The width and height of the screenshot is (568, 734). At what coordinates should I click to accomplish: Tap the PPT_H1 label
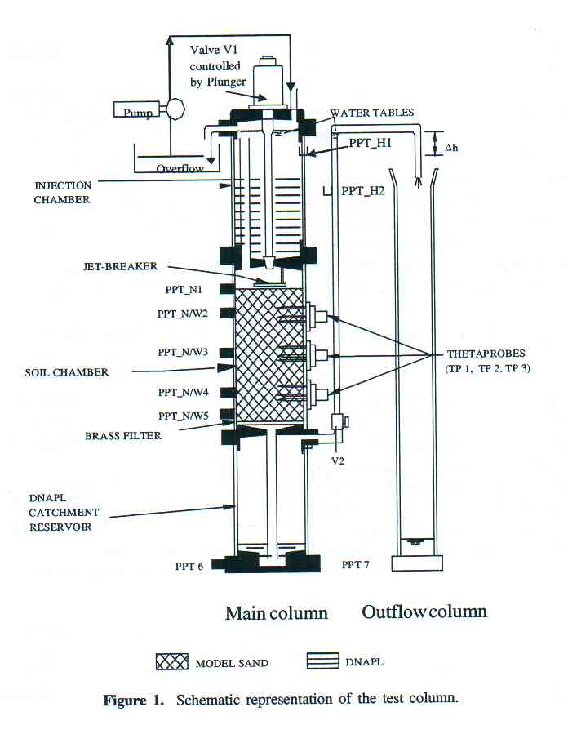point(370,143)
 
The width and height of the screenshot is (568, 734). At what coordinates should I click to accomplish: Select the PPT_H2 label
point(362,191)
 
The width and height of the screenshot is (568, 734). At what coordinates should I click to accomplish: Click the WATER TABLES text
point(372,113)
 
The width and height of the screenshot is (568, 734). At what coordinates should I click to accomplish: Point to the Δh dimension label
point(451,148)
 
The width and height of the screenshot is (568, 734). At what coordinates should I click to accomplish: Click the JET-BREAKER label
point(120,266)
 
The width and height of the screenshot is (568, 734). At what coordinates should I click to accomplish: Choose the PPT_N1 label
point(184,290)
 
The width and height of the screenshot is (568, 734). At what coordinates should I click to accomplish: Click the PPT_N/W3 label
point(183,352)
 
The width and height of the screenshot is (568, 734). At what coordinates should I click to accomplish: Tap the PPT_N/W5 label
point(183,416)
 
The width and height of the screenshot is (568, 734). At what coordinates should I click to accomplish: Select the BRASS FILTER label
point(123,436)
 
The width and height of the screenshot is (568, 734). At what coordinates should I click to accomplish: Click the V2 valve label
point(338,461)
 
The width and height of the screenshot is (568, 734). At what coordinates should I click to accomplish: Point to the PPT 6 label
point(189,567)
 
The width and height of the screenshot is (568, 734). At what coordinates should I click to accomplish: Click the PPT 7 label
point(355,565)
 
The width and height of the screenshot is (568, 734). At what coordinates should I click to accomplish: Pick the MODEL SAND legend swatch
point(172,662)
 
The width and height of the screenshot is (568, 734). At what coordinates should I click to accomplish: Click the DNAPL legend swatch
point(323,661)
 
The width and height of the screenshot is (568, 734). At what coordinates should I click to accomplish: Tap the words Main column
point(276,613)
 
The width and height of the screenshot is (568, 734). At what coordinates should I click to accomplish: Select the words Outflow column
point(424,612)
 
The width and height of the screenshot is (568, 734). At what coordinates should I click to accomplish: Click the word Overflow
point(180,168)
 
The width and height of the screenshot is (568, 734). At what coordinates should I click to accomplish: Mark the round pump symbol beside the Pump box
point(175,109)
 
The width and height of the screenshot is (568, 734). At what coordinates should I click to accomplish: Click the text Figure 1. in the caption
point(133,701)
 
